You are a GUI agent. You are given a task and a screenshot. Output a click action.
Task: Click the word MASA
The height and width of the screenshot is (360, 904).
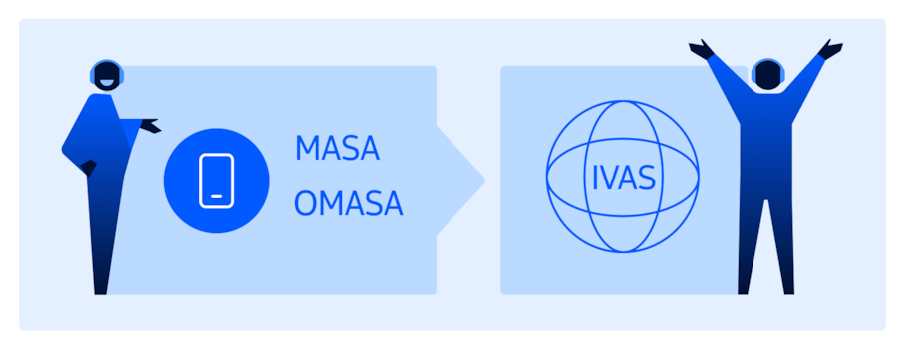pyautogui.click(x=337, y=150)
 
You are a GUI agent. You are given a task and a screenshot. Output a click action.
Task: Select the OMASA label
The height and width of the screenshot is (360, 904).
pyautogui.click(x=349, y=204)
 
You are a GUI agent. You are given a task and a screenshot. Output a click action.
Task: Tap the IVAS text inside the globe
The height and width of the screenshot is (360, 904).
pyautogui.click(x=623, y=180)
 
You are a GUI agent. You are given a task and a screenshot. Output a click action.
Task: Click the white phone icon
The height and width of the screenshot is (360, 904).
pyautogui.click(x=216, y=180)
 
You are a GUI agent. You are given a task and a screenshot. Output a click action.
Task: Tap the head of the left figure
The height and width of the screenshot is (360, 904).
pyautogui.click(x=105, y=76)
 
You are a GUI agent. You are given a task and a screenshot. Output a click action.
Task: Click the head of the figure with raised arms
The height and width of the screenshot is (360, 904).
pyautogui.click(x=765, y=74)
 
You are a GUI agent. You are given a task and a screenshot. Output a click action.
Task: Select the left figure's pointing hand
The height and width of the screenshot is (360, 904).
pyautogui.click(x=150, y=126)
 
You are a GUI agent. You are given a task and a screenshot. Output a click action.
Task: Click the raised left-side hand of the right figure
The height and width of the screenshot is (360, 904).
pyautogui.click(x=702, y=48)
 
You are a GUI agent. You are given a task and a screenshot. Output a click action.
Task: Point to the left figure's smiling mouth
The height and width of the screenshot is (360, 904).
pyautogui.click(x=108, y=84)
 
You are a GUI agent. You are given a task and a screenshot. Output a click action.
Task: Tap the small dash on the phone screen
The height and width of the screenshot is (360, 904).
pyautogui.click(x=216, y=196)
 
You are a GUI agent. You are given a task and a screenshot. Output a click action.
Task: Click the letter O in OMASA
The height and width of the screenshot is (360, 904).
pyautogui.click(x=306, y=204)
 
